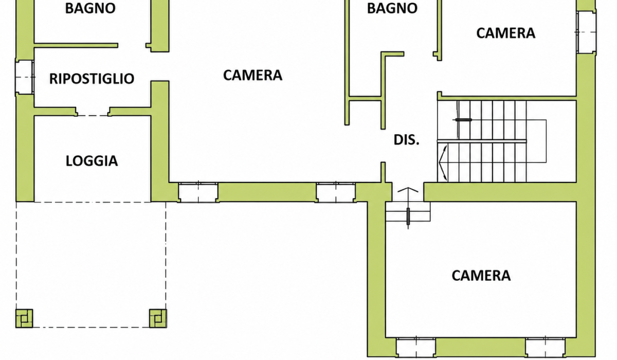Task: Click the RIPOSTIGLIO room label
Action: [92, 79]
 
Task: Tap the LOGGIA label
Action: [92, 161]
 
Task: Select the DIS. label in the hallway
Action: [406, 140]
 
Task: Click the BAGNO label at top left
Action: [90, 8]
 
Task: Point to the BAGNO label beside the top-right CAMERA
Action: [392, 8]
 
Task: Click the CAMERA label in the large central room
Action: [252, 75]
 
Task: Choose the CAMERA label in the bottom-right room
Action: [481, 276]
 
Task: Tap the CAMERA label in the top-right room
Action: [506, 33]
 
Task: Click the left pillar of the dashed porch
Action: [24, 318]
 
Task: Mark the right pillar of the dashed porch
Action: [158, 318]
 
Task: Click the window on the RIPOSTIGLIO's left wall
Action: [25, 77]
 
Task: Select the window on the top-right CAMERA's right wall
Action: [587, 32]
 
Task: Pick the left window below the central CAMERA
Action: [198, 192]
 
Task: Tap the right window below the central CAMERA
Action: [335, 192]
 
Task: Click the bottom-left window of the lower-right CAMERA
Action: [416, 347]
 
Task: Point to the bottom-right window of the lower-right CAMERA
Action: [545, 347]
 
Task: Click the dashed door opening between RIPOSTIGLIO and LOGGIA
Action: [93, 115]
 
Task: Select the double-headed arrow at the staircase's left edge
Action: [443, 163]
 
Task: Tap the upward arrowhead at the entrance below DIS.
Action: [408, 190]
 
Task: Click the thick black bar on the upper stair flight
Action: [463, 120]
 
